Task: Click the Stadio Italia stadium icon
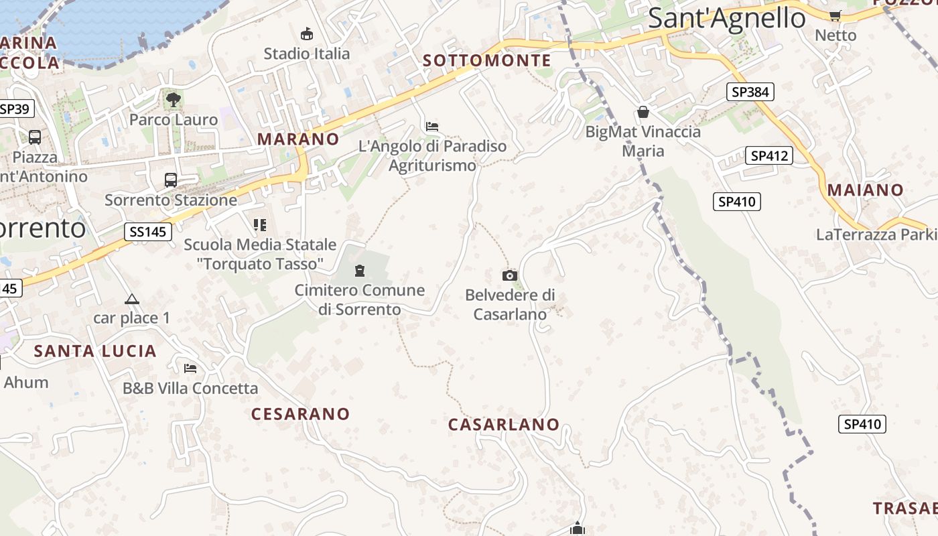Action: click(307, 33)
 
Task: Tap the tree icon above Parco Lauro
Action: click(174, 100)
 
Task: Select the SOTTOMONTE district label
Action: click(487, 61)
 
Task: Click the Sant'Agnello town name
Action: click(726, 18)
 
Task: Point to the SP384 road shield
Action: click(750, 92)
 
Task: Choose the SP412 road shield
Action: click(768, 155)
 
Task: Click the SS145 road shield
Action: click(147, 232)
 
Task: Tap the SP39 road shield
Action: click(15, 109)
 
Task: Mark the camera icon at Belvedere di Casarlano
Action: click(510, 275)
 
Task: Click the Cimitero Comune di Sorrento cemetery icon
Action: click(360, 271)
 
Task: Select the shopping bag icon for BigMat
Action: click(643, 112)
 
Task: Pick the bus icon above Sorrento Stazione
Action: click(171, 180)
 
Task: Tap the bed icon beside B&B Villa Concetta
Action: click(190, 368)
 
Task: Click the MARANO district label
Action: click(298, 139)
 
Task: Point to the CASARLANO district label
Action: click(503, 425)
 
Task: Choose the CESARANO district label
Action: click(300, 414)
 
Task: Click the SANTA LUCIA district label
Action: click(95, 351)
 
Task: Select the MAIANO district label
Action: click(865, 190)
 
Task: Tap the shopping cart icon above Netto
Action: click(835, 15)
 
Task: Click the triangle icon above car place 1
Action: click(131, 299)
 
